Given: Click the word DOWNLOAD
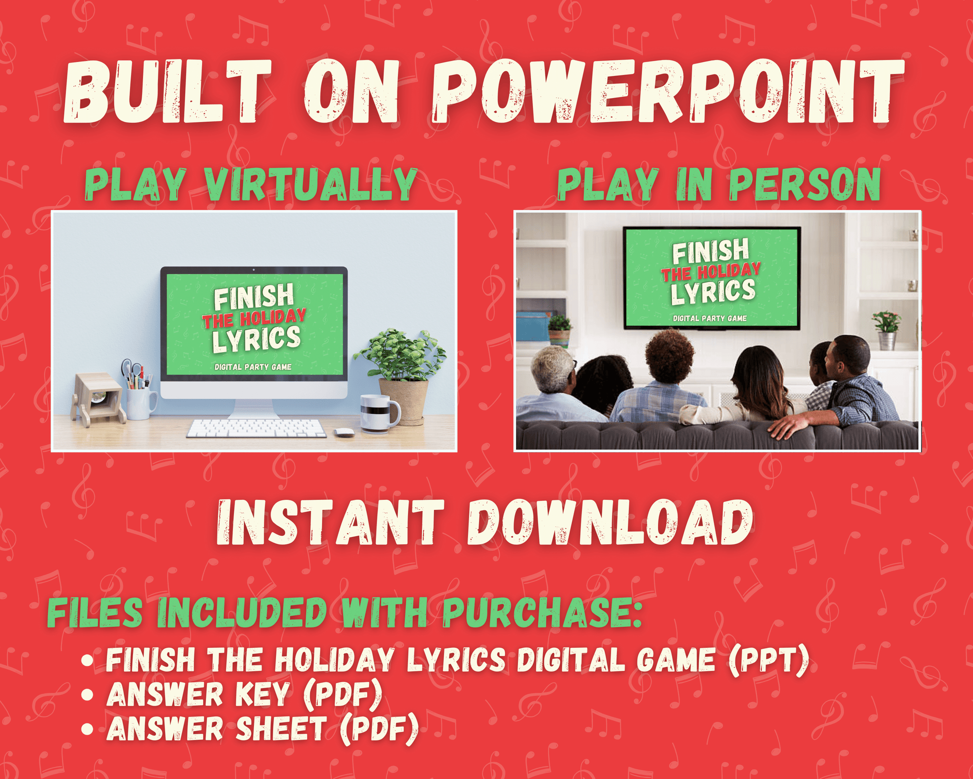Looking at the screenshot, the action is pos(610,522).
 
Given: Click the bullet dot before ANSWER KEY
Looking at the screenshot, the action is pos(87,695).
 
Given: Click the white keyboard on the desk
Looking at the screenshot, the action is pos(256,428).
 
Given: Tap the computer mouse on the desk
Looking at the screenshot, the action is pos(344,432).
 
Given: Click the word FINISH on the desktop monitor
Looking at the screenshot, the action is pos(254,297).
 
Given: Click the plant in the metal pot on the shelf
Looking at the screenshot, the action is pos(886,330).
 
